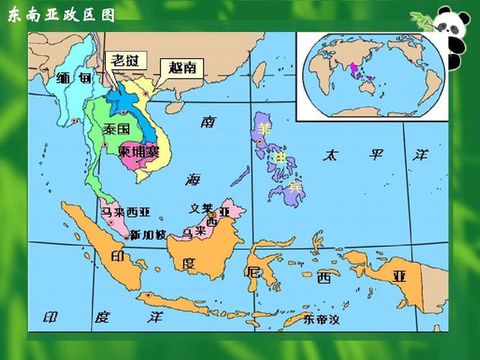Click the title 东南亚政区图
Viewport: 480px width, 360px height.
[60, 17]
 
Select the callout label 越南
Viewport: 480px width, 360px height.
[181, 68]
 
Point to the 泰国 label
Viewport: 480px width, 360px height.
[115, 130]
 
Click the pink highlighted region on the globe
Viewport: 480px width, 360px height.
[353, 69]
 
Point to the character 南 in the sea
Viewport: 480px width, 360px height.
[209, 122]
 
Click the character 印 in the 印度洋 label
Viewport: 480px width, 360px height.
[50, 317]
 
